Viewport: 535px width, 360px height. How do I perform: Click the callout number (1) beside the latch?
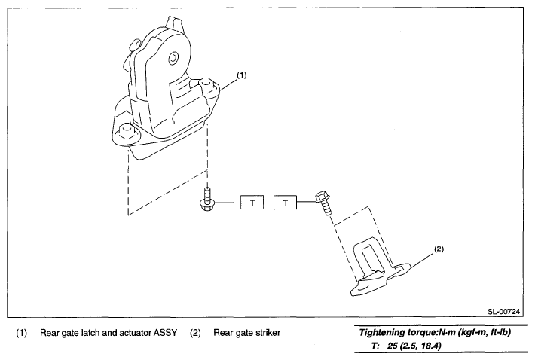242,75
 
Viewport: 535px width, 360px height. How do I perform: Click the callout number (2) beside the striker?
439,249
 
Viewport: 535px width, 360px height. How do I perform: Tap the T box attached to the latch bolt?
252,203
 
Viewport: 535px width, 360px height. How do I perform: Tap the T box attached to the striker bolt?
286,203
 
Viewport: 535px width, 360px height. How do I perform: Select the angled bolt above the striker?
323,203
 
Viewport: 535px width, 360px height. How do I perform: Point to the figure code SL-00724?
503,311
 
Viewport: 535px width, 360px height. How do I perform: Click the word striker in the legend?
268,333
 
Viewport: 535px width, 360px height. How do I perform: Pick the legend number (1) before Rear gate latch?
22,333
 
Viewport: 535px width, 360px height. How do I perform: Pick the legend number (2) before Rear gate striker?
195,333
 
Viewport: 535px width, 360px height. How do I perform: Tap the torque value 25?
393,346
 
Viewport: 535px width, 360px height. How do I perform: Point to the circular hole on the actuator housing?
173,58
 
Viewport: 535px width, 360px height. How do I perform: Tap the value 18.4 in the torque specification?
430,346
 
